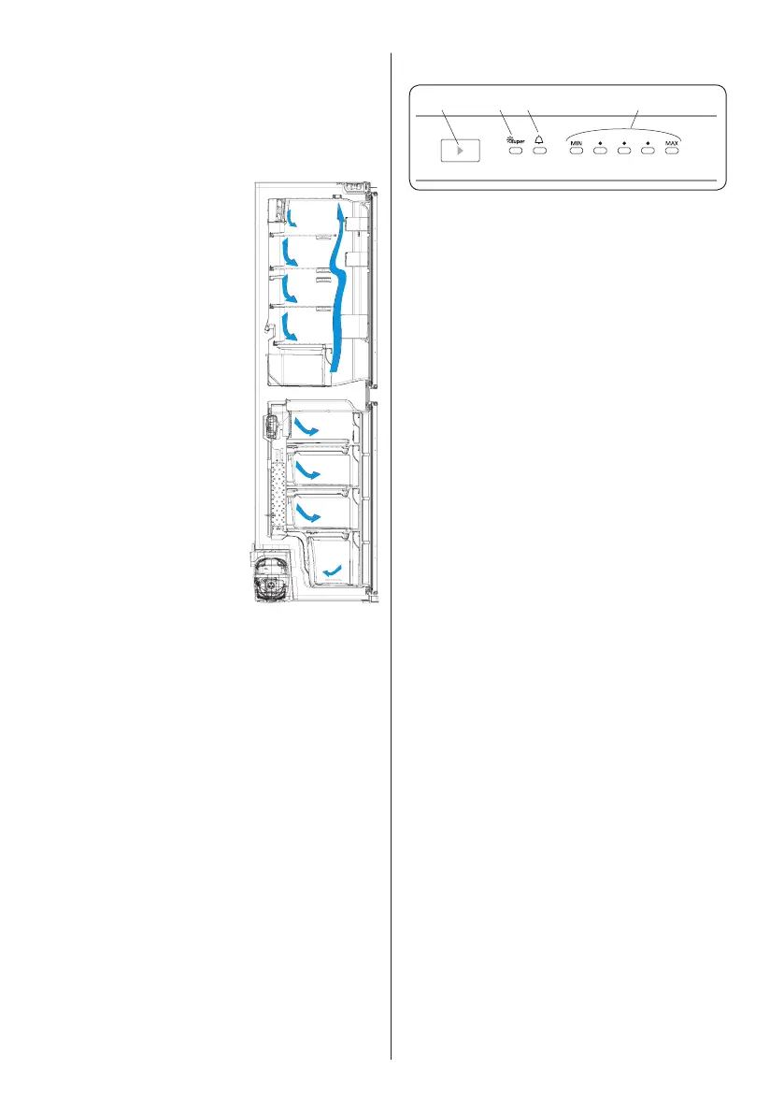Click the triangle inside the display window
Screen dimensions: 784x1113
coord(458,149)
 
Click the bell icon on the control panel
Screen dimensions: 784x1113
coord(539,139)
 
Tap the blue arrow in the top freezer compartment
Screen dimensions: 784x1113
coord(307,427)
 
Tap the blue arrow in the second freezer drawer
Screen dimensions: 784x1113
coord(309,470)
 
